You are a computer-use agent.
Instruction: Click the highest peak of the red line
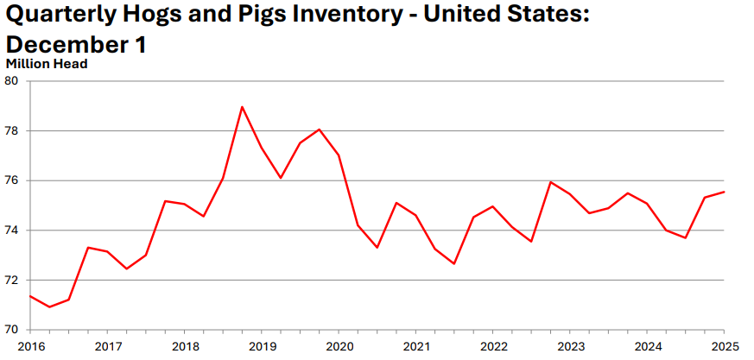(242, 107)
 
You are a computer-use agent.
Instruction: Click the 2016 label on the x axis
(30, 346)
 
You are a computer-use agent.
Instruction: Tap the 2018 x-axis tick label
(184, 346)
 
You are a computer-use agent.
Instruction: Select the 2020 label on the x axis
(339, 346)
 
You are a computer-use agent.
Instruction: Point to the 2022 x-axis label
(492, 346)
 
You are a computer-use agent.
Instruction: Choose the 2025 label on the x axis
(723, 346)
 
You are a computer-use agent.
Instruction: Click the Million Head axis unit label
(47, 62)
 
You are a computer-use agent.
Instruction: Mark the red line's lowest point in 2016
(49, 306)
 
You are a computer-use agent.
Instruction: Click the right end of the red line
(723, 192)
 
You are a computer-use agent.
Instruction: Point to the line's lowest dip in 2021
(453, 263)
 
